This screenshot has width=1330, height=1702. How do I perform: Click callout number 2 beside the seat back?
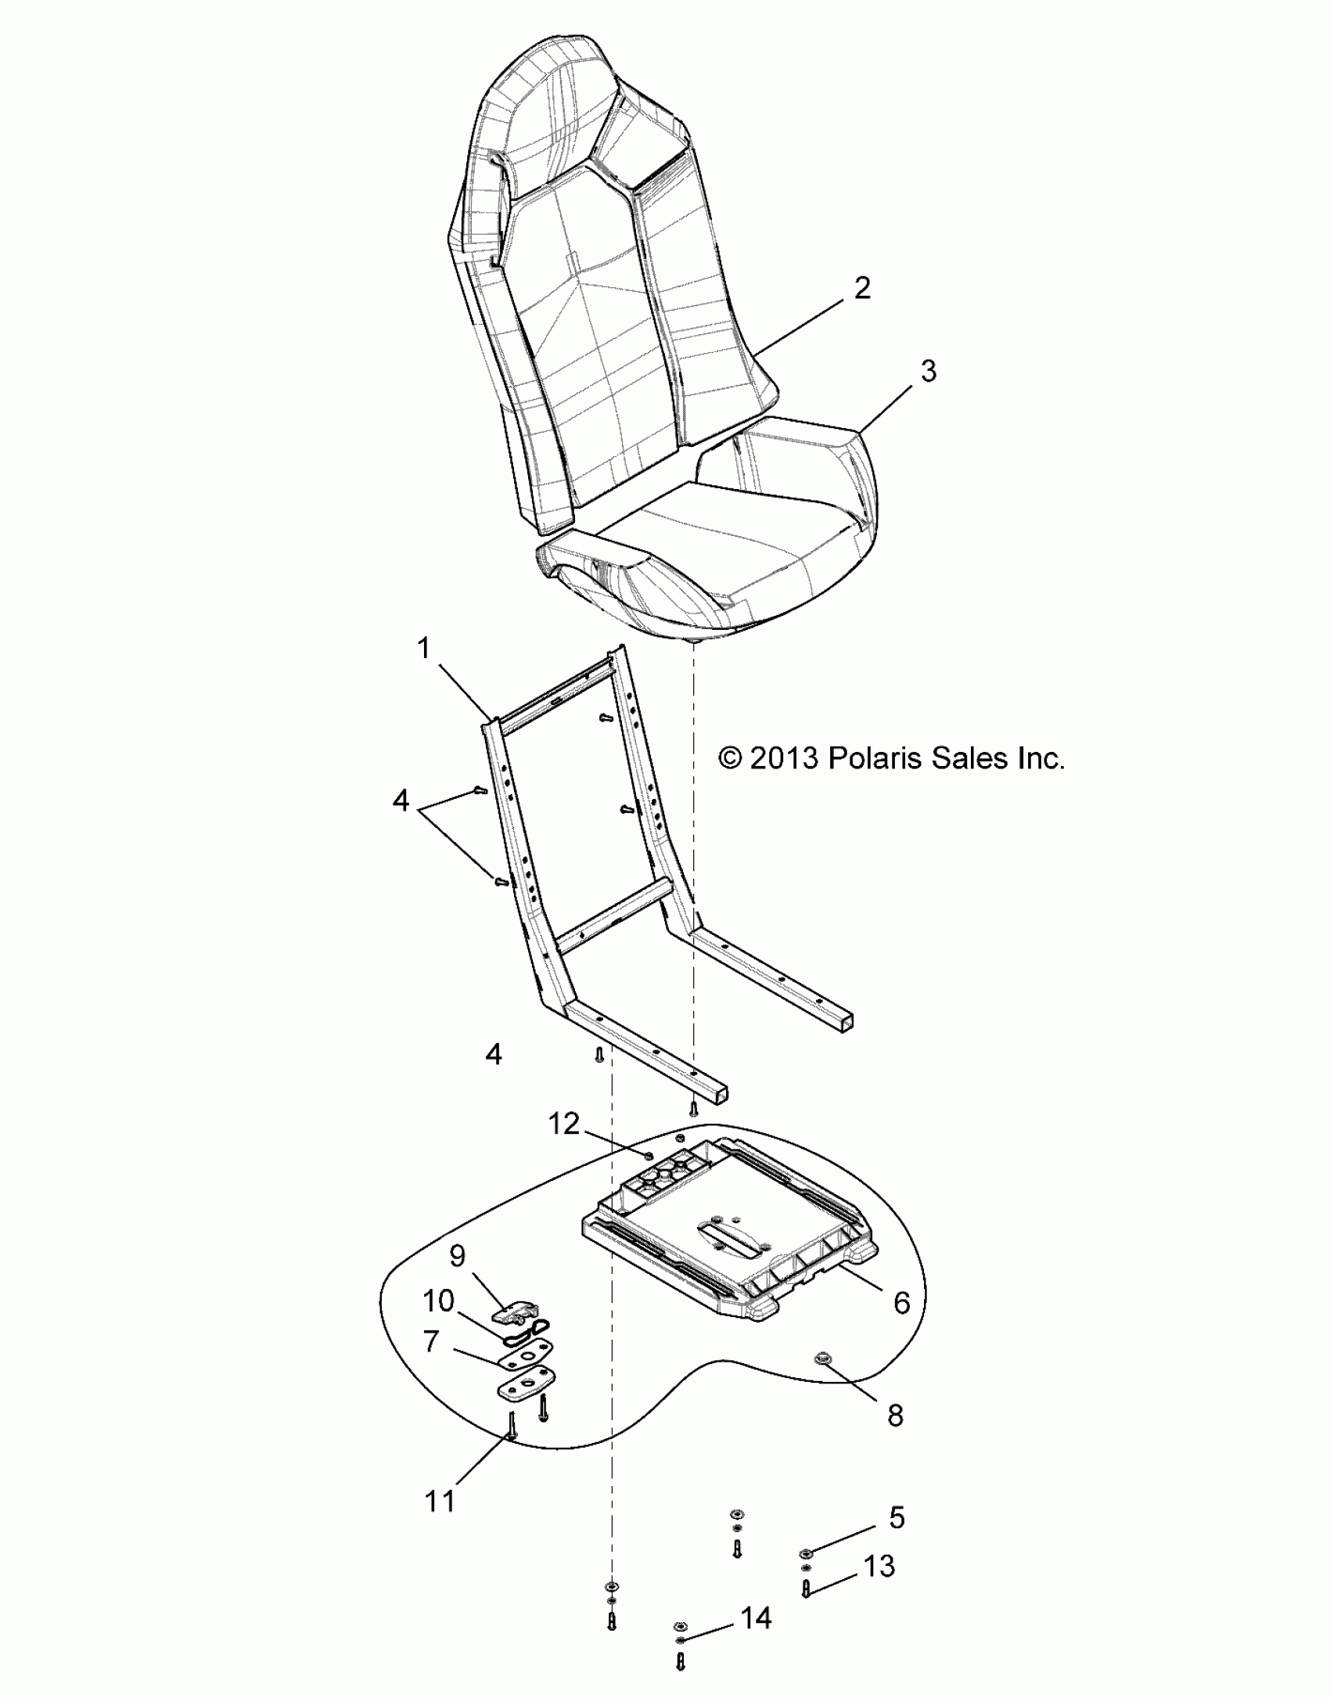tap(861, 289)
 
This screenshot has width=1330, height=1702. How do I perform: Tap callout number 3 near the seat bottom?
tap(927, 371)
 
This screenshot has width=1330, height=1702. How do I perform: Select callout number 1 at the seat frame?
tap(424, 649)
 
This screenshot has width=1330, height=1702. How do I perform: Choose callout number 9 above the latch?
tap(458, 1256)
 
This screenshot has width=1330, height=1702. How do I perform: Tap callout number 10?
tap(439, 1301)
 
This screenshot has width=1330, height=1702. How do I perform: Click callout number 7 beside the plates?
tap(431, 1340)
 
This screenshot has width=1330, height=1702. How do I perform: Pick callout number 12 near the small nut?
tap(586, 1124)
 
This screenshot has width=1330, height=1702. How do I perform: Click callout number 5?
tap(897, 1517)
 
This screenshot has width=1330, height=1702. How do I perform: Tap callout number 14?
tap(756, 1617)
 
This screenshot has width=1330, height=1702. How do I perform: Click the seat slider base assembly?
tap(728, 1236)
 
